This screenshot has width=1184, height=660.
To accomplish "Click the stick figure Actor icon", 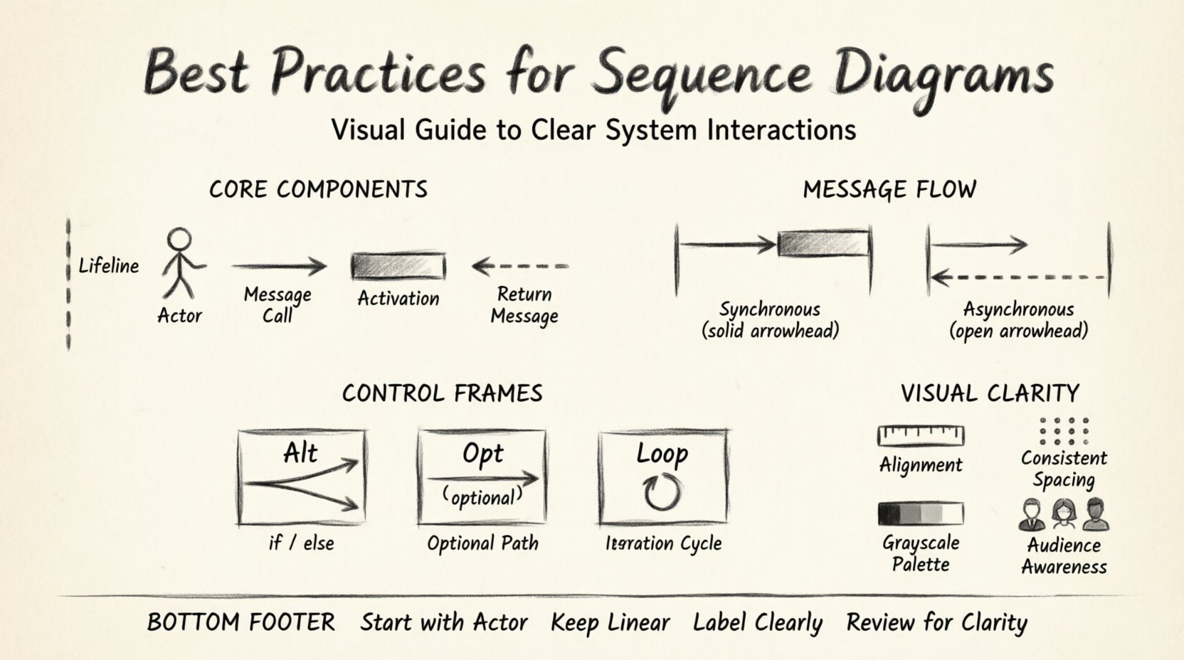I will tap(181, 263).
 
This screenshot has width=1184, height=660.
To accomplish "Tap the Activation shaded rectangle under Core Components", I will tap(398, 267).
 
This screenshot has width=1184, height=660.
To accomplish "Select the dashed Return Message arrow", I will tap(521, 267).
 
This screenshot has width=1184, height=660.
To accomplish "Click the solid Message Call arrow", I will tap(278, 267).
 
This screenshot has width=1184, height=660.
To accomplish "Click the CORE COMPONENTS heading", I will tap(318, 190).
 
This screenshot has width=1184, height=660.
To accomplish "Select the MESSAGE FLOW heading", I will tap(889, 190).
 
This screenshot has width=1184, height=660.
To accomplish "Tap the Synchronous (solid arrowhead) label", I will tap(770, 320).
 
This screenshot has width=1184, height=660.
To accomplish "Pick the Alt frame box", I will tap(301, 477).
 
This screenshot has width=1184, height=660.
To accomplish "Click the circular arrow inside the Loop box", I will tap(662, 492).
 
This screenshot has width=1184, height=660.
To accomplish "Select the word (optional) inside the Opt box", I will tap(482, 496).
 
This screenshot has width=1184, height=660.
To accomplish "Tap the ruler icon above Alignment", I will tap(921, 435).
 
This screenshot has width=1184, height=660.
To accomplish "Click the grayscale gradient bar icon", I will tap(921, 513).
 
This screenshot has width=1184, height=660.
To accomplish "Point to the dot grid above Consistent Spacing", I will tap(1064, 430).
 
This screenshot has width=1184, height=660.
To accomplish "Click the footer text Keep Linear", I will tap(610, 623).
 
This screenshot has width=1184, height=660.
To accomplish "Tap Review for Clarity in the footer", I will tap(936, 623).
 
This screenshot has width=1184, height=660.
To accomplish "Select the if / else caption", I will tap(301, 543).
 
